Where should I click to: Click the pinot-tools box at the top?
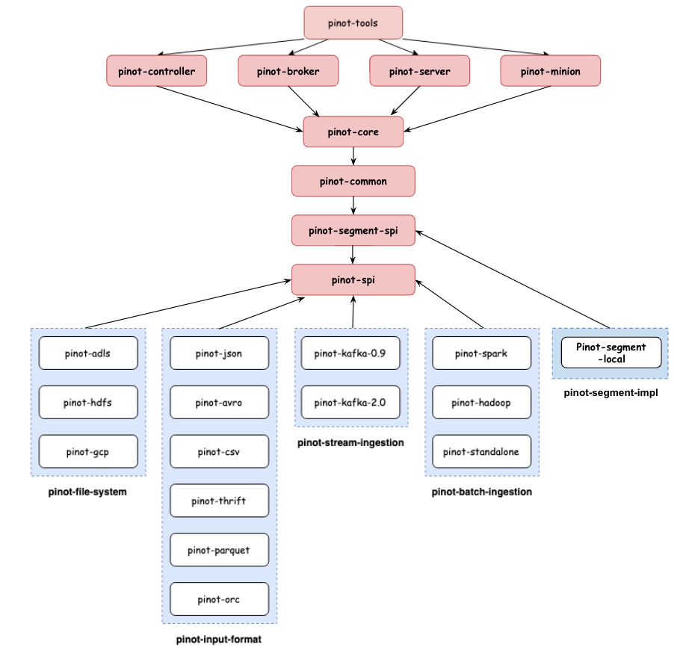(x=353, y=22)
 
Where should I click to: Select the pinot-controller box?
(x=156, y=72)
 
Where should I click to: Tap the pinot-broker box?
(x=288, y=72)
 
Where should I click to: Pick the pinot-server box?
(x=419, y=72)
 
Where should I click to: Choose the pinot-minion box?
(x=550, y=72)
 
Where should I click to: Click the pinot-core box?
(x=353, y=132)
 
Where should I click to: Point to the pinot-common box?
(x=353, y=181)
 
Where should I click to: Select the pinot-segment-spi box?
(x=353, y=230)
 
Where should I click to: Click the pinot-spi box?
(x=353, y=279)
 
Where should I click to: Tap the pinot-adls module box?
(x=88, y=353)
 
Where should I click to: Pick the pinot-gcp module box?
(x=88, y=451)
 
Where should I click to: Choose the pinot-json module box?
(x=219, y=353)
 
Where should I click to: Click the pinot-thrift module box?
(x=219, y=501)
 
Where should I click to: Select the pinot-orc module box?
(x=219, y=598)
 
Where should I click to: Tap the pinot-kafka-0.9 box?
(x=350, y=353)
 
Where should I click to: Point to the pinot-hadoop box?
(x=481, y=403)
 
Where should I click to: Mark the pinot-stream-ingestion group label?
(x=350, y=443)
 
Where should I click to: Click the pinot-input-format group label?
(x=219, y=640)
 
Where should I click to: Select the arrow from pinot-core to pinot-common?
(x=353, y=156)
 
